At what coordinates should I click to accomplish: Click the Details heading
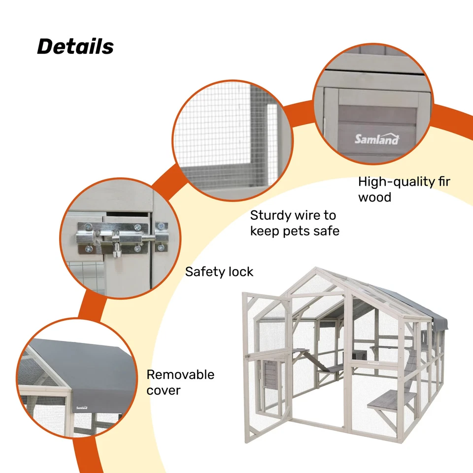tap(75, 47)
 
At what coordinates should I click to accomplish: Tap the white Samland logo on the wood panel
tap(377, 139)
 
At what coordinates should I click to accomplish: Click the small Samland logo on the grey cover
tap(82, 407)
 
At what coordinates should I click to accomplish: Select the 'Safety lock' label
tap(219, 271)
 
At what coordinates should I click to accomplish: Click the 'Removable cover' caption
tap(180, 382)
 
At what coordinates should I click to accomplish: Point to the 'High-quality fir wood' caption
tap(404, 189)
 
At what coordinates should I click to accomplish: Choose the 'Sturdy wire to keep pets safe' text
tap(295, 223)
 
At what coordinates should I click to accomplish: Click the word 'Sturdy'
tap(270, 215)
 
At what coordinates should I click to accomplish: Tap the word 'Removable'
tap(180, 374)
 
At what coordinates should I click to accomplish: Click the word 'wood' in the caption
tap(374, 198)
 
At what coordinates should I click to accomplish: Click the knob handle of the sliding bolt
tap(116, 251)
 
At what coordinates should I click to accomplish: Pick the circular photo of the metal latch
tap(116, 237)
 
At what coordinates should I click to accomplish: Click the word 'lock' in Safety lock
tap(239, 271)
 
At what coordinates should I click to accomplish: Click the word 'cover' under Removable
tap(163, 391)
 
